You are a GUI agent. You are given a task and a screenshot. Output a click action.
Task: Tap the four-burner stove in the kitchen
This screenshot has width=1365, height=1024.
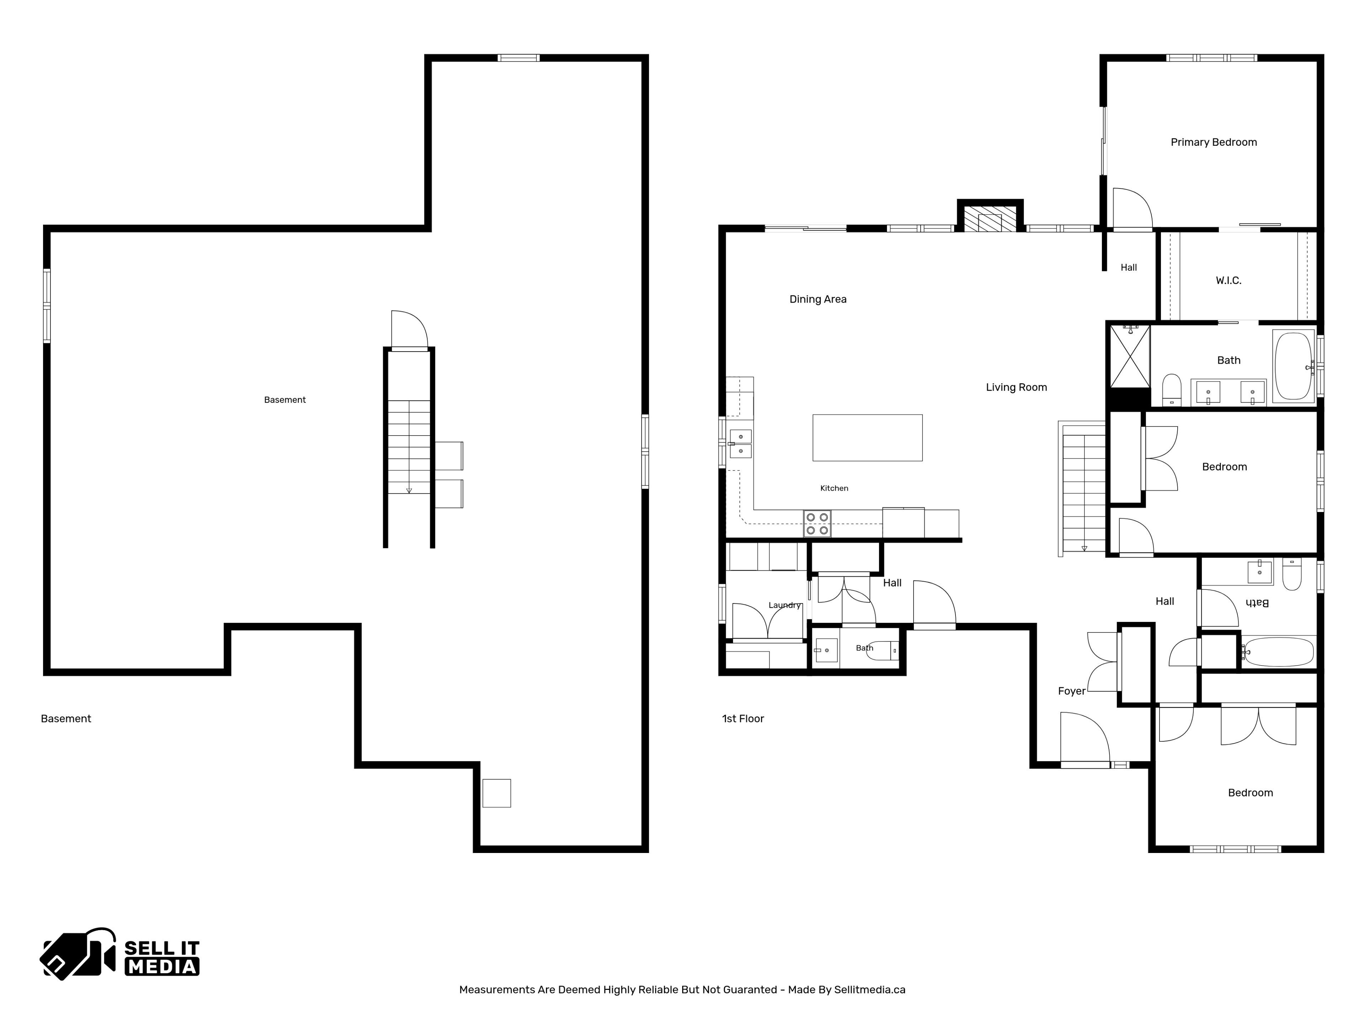point(817,523)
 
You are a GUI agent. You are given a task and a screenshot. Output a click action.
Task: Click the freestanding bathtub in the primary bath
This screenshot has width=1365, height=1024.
point(1294,366)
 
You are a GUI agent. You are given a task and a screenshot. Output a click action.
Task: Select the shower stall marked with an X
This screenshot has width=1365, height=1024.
point(1130,357)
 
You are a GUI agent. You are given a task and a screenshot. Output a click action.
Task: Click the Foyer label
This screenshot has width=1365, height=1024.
point(1071,691)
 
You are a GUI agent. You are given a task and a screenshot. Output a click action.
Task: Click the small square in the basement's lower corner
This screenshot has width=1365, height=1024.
point(496,793)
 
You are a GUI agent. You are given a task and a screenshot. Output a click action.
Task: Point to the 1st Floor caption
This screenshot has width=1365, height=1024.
point(743,719)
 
